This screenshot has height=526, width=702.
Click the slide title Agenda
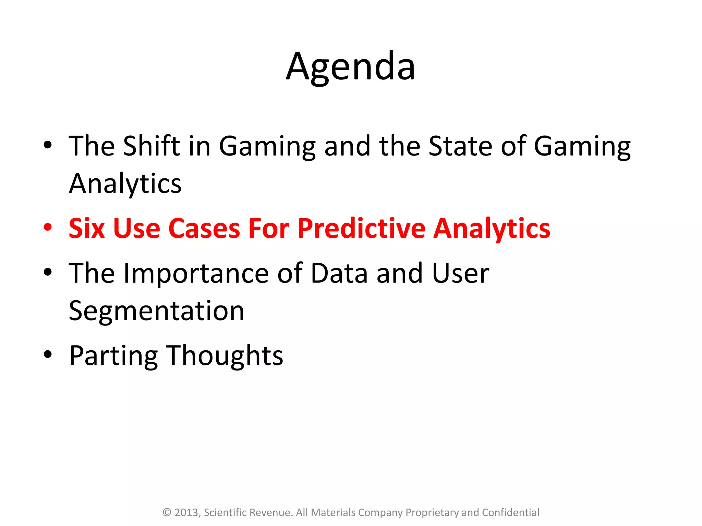click(x=350, y=67)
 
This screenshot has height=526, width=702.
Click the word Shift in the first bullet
click(x=151, y=146)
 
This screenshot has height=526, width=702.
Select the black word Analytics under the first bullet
click(x=125, y=184)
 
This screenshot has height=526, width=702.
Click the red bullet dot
click(x=48, y=227)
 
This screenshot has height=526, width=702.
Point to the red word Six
click(x=86, y=228)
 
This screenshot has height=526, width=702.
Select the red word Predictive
click(x=361, y=228)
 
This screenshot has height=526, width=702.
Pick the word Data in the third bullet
click(x=339, y=273)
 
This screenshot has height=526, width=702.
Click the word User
click(x=460, y=273)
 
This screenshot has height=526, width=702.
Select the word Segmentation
click(x=156, y=311)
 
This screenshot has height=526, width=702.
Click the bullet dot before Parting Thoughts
click(x=48, y=355)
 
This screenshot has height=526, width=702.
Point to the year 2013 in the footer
click(x=187, y=513)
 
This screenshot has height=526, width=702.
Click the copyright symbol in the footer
click(x=167, y=513)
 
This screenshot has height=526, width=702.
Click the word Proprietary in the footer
click(x=432, y=513)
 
